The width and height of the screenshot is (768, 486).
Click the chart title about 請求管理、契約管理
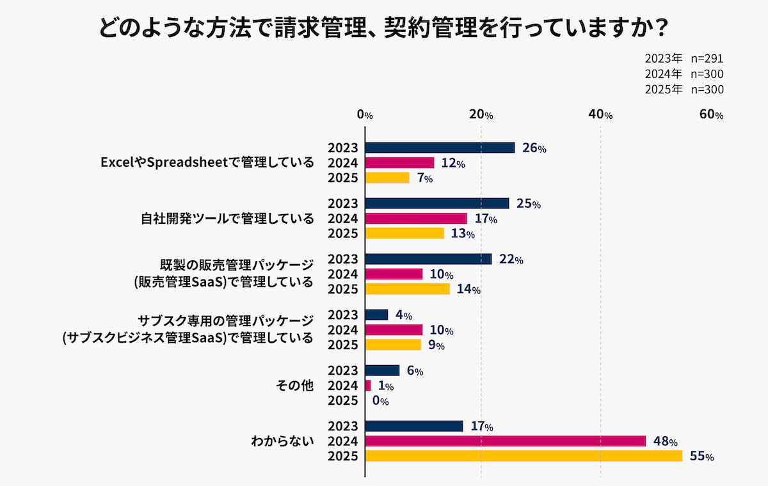pyautogui.click(x=384, y=29)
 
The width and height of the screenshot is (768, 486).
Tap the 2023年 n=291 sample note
pyautogui.click(x=684, y=58)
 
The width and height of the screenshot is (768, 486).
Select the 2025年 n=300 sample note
pyautogui.click(x=684, y=90)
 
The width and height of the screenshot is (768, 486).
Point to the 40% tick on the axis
pyautogui.click(x=600, y=115)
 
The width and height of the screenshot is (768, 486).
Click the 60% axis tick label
pyautogui.click(x=710, y=115)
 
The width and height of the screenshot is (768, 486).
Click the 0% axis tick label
pyautogui.click(x=365, y=115)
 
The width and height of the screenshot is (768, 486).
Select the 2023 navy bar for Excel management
pyautogui.click(x=440, y=148)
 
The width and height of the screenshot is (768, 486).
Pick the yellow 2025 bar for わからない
pyautogui.click(x=524, y=456)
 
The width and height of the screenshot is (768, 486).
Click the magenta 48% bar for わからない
pyautogui.click(x=506, y=441)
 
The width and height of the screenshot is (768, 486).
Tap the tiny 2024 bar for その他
pyautogui.click(x=368, y=386)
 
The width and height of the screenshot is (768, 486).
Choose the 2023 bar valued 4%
pyautogui.click(x=376, y=315)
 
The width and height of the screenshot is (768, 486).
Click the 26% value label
pyautogui.click(x=534, y=148)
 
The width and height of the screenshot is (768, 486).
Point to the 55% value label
pyautogui.click(x=701, y=457)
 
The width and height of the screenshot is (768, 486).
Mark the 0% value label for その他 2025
pyautogui.click(x=380, y=401)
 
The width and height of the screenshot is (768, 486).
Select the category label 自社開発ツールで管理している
pyautogui.click(x=227, y=219)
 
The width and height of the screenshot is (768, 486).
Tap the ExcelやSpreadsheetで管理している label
pyautogui.click(x=207, y=162)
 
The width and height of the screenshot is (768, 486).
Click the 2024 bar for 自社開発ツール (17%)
pyautogui.click(x=416, y=219)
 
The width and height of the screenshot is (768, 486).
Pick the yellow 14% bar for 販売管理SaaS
pyautogui.click(x=408, y=289)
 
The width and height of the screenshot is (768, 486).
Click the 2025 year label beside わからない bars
pyautogui.click(x=343, y=456)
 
